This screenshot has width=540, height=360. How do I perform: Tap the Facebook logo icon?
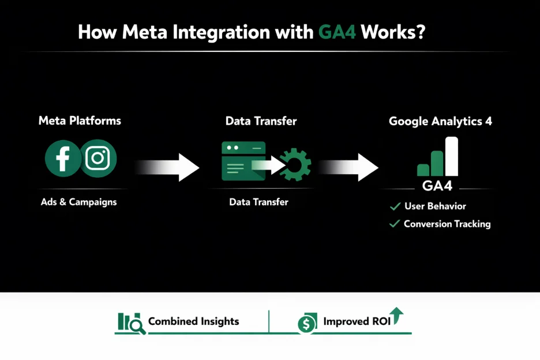[x=63, y=159]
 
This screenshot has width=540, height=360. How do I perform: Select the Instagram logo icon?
[x=97, y=159]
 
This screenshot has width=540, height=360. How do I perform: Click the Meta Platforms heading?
[x=80, y=121]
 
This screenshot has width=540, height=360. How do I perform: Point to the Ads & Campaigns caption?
[x=78, y=202]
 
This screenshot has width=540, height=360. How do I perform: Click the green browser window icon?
[x=243, y=161]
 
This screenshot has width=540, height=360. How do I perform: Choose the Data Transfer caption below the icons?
[x=258, y=202]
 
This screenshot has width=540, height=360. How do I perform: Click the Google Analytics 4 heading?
[x=440, y=121]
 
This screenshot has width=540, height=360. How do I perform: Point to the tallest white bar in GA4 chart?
[x=452, y=156]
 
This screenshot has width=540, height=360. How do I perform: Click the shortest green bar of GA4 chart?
[x=423, y=170]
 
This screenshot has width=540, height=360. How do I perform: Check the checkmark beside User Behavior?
[x=395, y=206]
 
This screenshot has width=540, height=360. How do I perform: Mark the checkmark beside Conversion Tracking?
[x=395, y=224]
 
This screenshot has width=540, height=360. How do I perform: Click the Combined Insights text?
[x=193, y=321]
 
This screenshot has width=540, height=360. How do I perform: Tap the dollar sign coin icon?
[x=307, y=324]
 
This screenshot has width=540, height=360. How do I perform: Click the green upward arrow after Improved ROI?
[x=397, y=314]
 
